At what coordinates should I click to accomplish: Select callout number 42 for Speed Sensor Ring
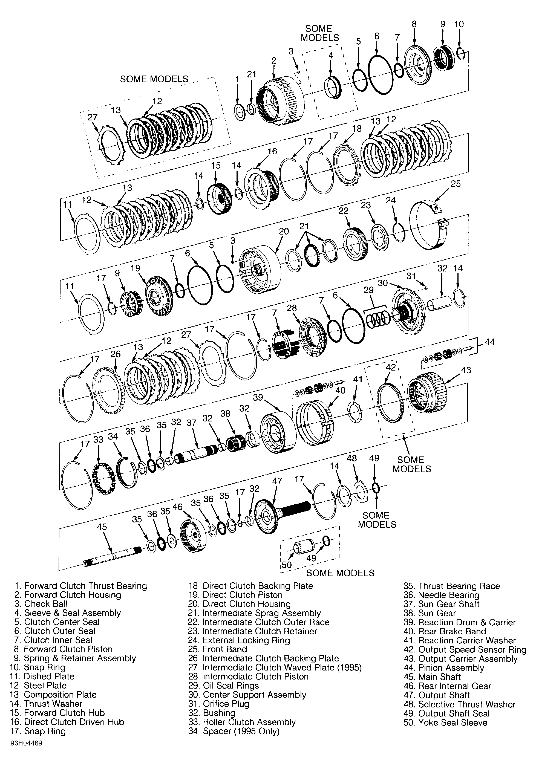[390, 367]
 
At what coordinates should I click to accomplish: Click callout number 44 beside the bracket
[490, 342]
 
